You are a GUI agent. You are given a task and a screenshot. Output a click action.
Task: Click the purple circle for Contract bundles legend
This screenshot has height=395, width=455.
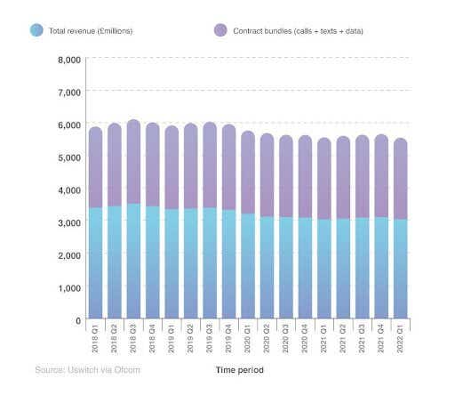point(220,30)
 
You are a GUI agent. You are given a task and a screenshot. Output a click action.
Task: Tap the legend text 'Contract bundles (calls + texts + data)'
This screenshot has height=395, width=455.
point(299,30)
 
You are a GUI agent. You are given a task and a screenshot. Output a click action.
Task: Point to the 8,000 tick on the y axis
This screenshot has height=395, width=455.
point(69,60)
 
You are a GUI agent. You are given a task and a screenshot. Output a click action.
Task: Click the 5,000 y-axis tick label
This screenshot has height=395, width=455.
point(69,157)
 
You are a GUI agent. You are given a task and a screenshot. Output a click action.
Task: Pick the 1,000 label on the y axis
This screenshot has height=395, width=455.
point(69,288)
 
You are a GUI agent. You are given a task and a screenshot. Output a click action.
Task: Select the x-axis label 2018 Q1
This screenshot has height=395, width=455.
point(95,340)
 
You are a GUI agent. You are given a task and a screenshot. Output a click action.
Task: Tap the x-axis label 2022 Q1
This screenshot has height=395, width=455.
point(401,340)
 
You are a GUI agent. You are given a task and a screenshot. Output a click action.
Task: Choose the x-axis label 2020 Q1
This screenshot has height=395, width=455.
point(248,340)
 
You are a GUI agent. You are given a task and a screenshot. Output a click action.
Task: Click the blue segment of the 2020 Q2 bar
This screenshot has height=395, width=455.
point(267,267)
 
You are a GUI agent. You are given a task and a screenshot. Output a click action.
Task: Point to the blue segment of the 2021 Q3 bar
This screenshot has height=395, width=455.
point(362,268)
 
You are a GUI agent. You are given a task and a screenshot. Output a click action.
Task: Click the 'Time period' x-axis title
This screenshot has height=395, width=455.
point(239,369)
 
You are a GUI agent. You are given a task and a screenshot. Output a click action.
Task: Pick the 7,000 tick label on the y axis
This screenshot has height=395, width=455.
point(69,92)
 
